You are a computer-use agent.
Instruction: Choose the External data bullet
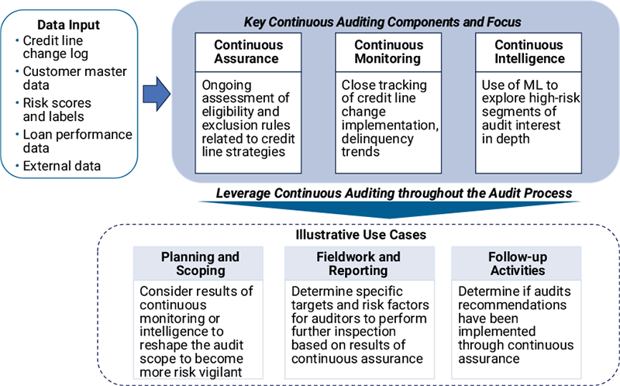point(62,165)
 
